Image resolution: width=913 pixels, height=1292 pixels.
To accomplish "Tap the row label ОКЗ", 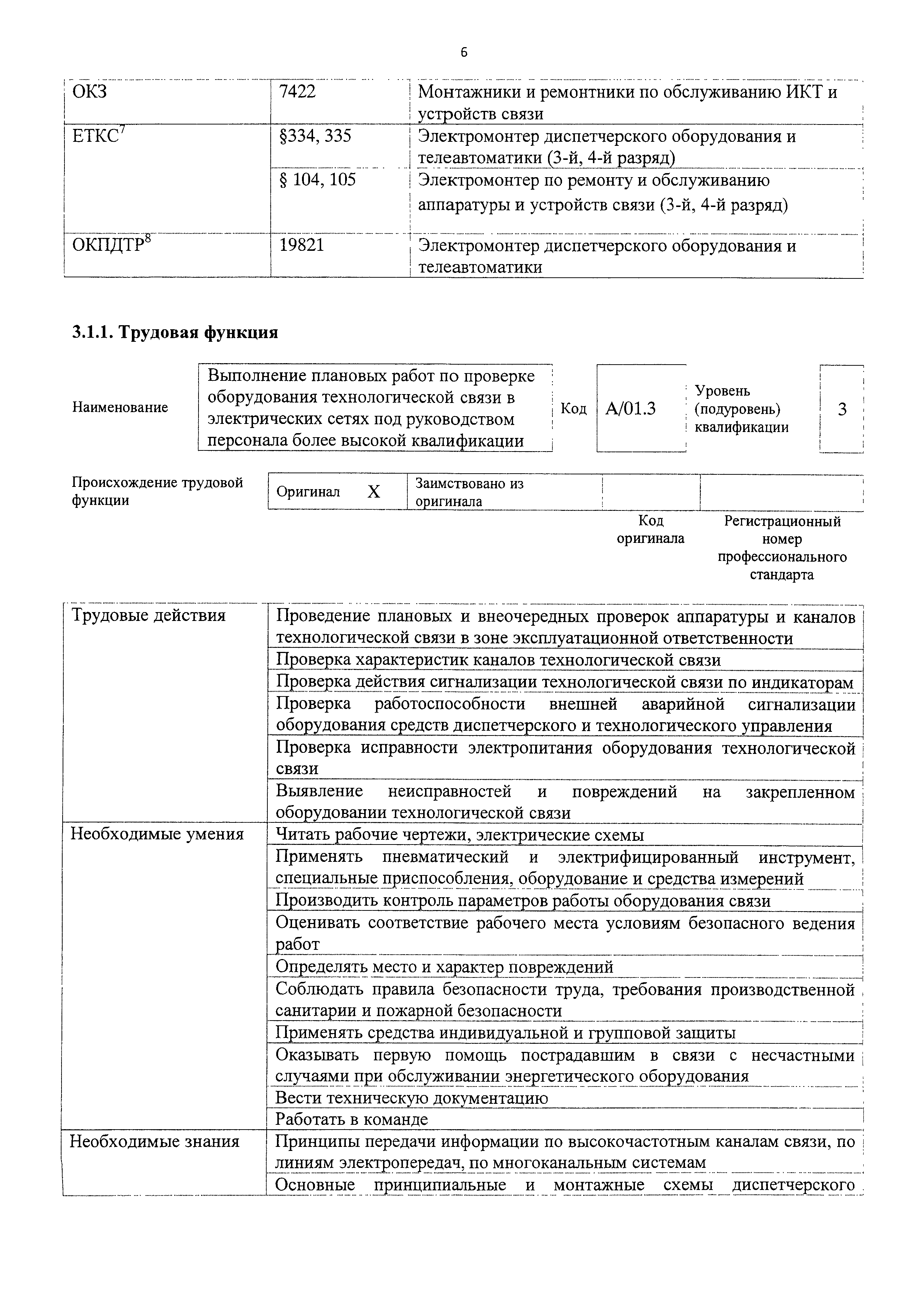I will (90, 92).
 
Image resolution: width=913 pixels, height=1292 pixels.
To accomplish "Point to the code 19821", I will (302, 246).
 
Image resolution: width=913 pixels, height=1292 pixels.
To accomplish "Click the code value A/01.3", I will (630, 408).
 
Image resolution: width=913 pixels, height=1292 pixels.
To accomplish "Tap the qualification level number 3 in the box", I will (842, 409).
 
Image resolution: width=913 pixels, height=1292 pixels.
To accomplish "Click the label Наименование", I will (120, 407).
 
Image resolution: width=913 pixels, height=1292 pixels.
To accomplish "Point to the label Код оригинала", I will (650, 530).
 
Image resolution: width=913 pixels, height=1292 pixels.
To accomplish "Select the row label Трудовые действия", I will (148, 615).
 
